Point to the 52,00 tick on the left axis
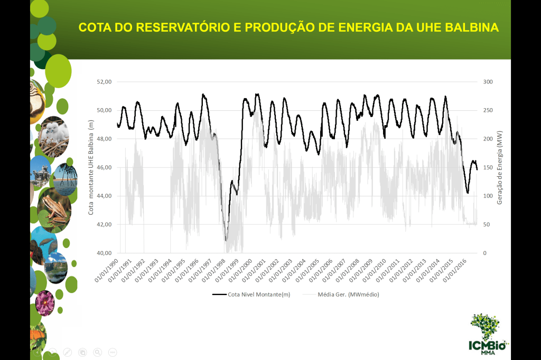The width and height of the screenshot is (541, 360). coord(104,82)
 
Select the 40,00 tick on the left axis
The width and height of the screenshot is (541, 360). coord(104,253)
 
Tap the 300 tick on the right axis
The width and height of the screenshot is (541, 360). coord(488,82)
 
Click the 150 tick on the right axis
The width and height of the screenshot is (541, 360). coord(488,167)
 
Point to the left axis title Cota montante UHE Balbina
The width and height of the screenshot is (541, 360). coord(91,167)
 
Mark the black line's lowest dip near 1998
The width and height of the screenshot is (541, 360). coord(226,240)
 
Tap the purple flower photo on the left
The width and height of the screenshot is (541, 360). coord(45,303)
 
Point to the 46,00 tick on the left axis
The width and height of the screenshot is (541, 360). coord(104,167)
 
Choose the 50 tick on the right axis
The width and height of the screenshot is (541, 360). coord(486,224)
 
